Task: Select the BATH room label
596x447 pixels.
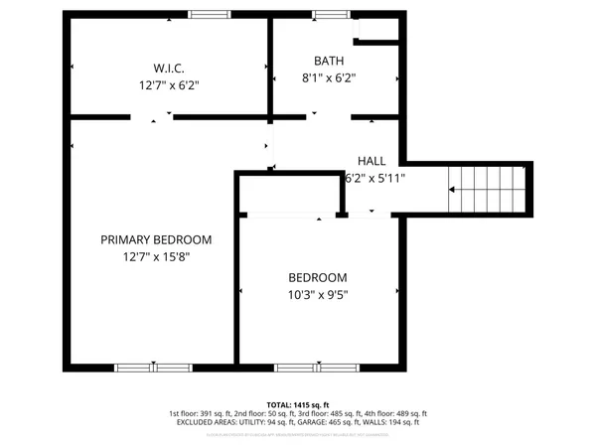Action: point(329,60)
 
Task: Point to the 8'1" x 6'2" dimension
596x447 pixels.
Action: point(329,77)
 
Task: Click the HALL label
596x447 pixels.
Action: point(372,161)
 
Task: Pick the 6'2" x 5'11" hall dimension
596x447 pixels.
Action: point(373,179)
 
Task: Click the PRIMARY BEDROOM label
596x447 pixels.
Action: point(156,239)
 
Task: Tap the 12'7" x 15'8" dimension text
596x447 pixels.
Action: point(156,257)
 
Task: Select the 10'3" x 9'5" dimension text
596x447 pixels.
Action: point(318,294)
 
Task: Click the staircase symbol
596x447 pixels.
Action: point(486,189)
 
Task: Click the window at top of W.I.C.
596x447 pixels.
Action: point(205,14)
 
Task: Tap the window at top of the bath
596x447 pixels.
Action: point(326,14)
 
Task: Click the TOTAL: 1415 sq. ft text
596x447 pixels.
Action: point(298,404)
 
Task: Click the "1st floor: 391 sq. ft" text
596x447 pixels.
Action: point(201,413)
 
